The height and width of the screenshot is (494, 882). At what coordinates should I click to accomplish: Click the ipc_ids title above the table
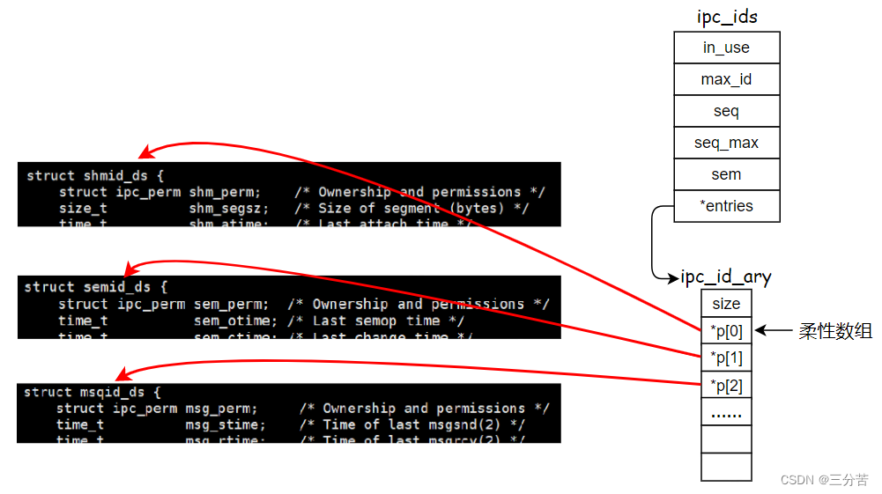(x=726, y=17)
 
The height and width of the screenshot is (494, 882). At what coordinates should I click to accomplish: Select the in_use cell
(x=726, y=48)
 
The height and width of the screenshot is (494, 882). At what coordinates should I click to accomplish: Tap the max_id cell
(x=726, y=79)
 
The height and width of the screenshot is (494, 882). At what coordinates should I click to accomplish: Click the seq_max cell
(x=726, y=143)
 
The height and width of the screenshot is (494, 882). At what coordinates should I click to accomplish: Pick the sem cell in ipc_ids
(x=726, y=174)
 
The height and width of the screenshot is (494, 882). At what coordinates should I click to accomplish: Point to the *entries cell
(x=726, y=206)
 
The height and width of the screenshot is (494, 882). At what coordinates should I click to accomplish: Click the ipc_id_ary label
(x=726, y=277)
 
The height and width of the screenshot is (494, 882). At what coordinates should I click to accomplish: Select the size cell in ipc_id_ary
(x=726, y=304)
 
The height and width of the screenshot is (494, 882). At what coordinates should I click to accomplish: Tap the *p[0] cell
(x=726, y=331)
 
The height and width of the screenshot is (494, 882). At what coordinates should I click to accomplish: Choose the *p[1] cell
(x=726, y=358)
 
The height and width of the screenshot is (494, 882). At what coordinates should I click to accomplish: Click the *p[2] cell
(x=726, y=386)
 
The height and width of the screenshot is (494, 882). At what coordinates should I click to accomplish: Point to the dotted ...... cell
(x=726, y=413)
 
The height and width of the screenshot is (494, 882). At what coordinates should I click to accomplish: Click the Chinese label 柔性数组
(x=835, y=331)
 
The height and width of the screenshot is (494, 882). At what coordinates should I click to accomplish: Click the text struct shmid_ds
(x=95, y=175)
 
